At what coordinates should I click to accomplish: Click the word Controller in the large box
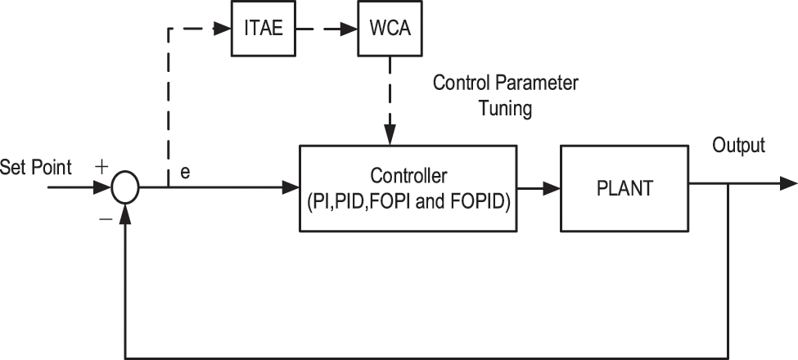click(x=408, y=176)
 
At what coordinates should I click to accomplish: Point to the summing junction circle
click(x=125, y=187)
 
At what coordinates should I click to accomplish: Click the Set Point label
click(x=36, y=168)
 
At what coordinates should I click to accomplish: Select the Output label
click(x=738, y=146)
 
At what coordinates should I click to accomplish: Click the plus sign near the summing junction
click(x=101, y=166)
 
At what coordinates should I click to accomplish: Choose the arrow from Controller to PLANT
click(x=539, y=187)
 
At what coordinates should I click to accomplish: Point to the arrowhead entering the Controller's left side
click(x=291, y=187)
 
